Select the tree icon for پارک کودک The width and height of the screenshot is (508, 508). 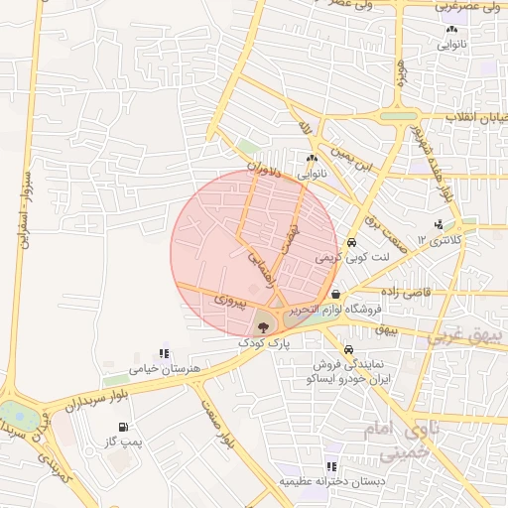pos(263,325)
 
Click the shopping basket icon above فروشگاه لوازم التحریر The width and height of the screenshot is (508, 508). pos(337,295)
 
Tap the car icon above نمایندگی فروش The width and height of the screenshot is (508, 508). pos(348,350)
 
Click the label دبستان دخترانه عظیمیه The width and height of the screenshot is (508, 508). pos(330,481)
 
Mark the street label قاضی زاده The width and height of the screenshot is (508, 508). pos(397,295)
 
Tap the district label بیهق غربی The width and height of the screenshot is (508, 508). pos(466,337)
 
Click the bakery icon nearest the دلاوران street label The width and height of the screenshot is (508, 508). pos(312,158)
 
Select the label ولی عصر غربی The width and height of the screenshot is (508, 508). pos(470,6)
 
